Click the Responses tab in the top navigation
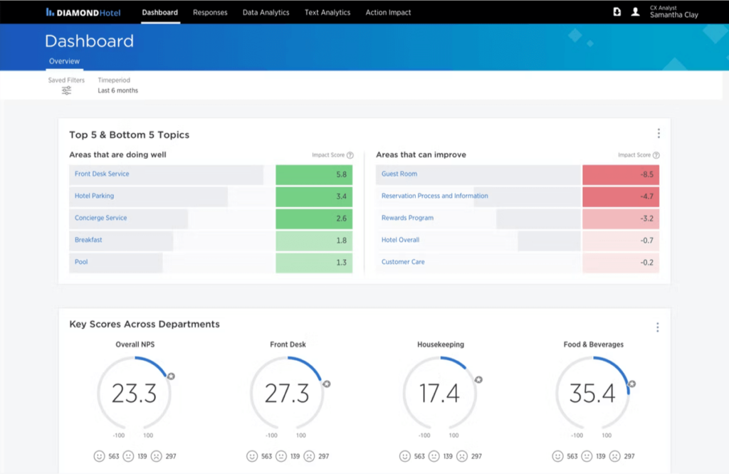[x=210, y=12]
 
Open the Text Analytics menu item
[x=327, y=12]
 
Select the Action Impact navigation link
[x=388, y=12]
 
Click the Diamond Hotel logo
[x=83, y=12]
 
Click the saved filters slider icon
[x=66, y=91]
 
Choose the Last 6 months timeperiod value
[x=118, y=91]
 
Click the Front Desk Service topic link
[x=102, y=174]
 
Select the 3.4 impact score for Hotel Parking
[x=314, y=196]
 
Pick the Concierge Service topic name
[x=100, y=218]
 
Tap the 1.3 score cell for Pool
[x=314, y=263]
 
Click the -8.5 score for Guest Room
[x=621, y=174]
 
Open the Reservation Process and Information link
[x=434, y=196]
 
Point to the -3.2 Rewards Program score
[x=621, y=218]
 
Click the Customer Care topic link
[x=403, y=262]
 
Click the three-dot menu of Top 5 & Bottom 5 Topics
[x=659, y=134]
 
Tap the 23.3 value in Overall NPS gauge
[x=135, y=393]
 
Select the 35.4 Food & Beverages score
[x=592, y=393]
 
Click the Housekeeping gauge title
[x=440, y=344]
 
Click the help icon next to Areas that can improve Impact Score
[x=656, y=155]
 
